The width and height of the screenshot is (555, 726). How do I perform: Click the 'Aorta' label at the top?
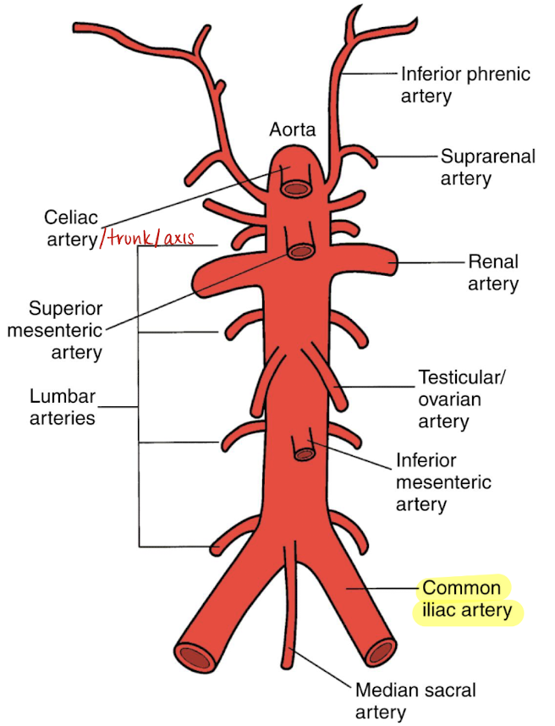click(x=292, y=129)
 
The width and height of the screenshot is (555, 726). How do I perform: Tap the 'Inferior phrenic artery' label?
click(x=465, y=84)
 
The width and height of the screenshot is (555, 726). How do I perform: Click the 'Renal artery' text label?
click(x=493, y=272)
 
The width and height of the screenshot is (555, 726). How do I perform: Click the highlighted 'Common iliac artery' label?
click(x=467, y=598)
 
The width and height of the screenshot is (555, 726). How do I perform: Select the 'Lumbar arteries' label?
click(x=63, y=406)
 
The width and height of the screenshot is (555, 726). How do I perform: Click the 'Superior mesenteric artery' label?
click(x=54, y=329)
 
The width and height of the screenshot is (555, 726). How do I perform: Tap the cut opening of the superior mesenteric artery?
click(x=299, y=251)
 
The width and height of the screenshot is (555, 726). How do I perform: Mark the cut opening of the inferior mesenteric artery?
click(x=303, y=454)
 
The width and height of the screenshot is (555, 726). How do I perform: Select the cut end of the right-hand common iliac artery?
click(x=382, y=652)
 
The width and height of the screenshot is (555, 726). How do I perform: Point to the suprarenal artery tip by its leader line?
click(x=377, y=157)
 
